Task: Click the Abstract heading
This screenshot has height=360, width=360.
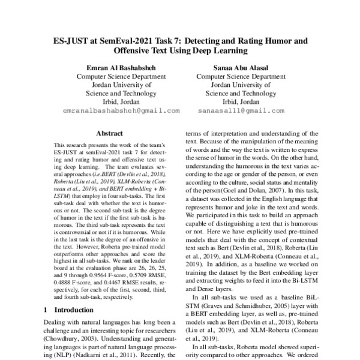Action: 109,133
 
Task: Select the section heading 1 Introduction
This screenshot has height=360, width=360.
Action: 69,310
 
